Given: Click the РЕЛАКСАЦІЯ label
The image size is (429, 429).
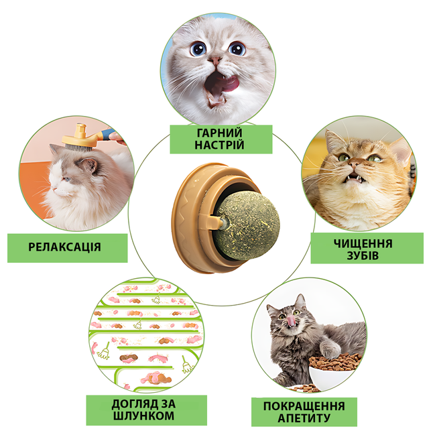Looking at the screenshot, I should pyautogui.click(x=65, y=247).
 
